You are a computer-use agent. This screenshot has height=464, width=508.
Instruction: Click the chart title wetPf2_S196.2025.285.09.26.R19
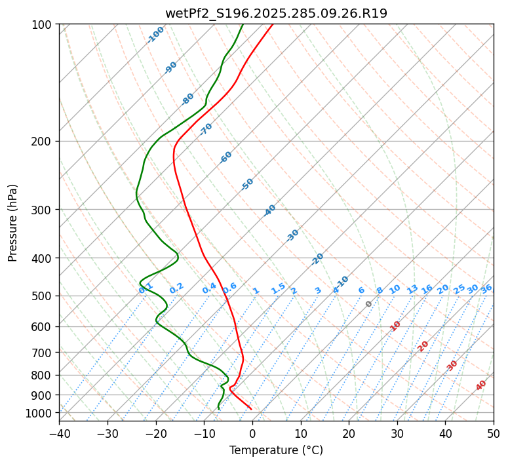(276, 13)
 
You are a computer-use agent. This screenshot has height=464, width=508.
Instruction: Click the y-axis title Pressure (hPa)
(13, 223)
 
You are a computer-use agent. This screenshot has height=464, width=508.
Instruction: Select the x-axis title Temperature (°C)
(276, 450)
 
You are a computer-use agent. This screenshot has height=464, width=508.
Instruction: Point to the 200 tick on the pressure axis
(43, 142)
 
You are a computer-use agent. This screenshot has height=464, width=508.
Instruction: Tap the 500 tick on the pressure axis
(43, 296)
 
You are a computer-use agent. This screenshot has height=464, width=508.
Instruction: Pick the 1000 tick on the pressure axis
(40, 413)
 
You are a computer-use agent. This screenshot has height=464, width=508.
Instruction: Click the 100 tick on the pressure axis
(43, 25)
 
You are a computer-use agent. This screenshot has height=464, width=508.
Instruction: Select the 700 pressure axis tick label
(43, 353)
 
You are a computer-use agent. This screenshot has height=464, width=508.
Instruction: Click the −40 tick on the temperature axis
(59, 433)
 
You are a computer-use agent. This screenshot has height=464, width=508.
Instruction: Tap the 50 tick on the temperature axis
(494, 433)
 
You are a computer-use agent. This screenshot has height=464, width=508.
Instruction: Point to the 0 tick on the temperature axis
(252, 433)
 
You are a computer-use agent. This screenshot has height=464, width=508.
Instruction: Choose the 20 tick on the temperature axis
(349, 433)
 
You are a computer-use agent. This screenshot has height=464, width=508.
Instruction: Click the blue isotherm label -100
(155, 35)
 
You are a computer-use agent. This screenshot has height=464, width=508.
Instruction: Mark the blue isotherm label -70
(206, 129)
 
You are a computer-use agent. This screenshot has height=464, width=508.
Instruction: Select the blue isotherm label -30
(292, 235)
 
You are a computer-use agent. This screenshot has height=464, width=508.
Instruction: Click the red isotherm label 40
(481, 385)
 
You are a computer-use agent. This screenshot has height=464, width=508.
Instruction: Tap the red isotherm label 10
(395, 326)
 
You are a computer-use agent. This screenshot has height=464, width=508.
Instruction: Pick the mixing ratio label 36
(486, 288)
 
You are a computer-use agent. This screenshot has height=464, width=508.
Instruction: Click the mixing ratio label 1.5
(279, 288)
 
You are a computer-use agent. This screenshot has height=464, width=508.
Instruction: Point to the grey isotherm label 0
(368, 304)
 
